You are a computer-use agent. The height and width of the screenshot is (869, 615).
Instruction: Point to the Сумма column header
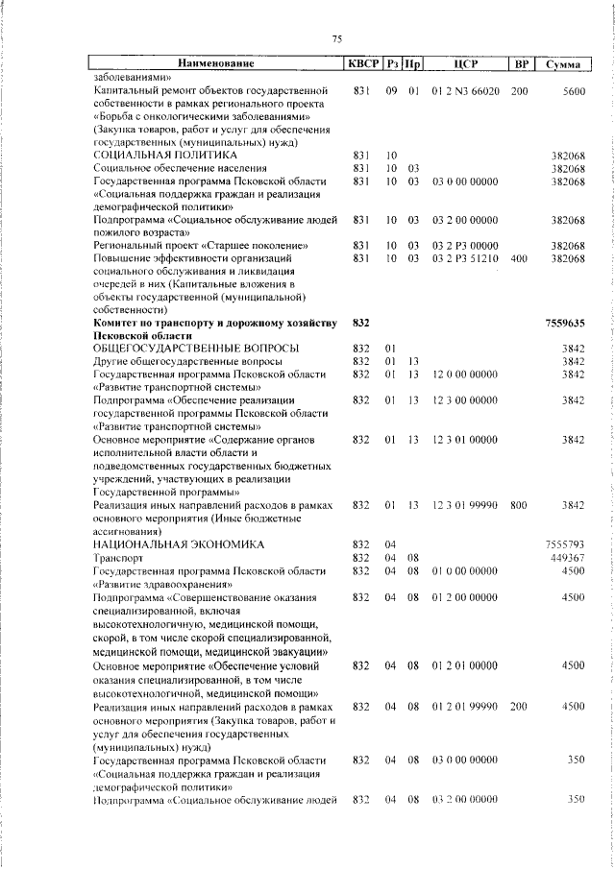(x=561, y=64)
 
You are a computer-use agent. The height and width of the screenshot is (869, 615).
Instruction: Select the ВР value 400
(x=520, y=259)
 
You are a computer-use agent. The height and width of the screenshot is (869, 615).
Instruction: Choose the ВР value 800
(x=520, y=504)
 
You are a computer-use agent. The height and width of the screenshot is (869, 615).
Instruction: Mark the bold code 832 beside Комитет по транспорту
(x=361, y=324)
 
